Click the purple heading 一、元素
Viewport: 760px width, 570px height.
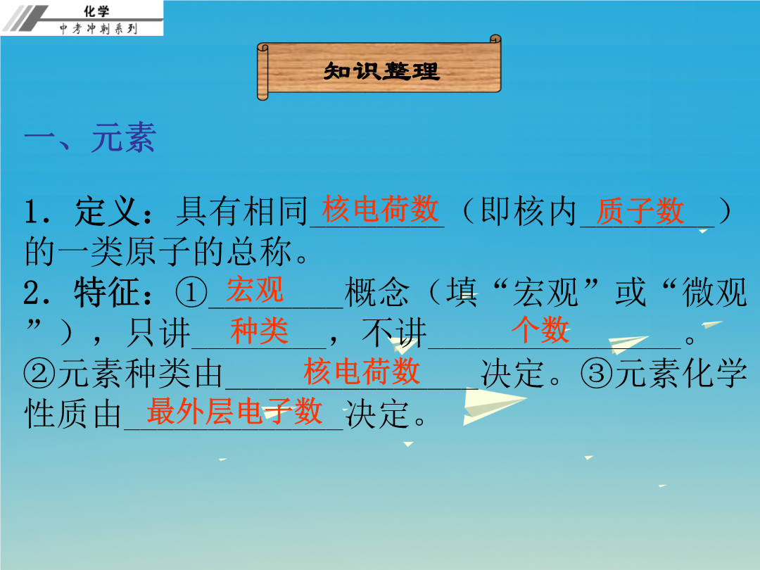(90, 138)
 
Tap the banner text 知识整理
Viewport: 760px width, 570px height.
(381, 71)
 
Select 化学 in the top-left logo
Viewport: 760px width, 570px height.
(96, 11)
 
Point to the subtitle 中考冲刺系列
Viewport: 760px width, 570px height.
(99, 29)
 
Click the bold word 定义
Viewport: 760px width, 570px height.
(108, 211)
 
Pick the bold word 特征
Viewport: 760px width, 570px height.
(108, 293)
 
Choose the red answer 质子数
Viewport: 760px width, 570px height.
(640, 211)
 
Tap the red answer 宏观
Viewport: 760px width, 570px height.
(255, 289)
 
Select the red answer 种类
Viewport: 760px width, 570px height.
(259, 331)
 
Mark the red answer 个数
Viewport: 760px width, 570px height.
(540, 329)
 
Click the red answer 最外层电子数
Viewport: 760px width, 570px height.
(234, 411)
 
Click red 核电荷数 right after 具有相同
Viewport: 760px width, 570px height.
(381, 209)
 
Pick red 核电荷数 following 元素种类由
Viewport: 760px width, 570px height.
(362, 372)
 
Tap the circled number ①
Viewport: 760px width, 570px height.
(191, 293)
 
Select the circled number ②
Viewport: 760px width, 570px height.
(39, 374)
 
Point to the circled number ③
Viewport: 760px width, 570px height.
(597, 374)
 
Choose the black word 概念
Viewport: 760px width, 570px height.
(376, 293)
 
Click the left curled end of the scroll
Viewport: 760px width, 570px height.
(262, 72)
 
